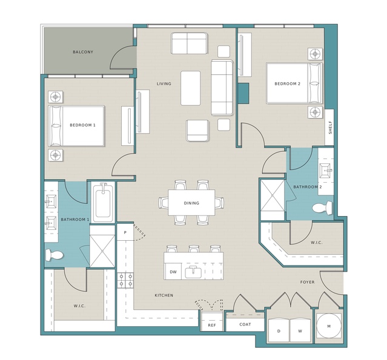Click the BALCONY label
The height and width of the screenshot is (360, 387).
(x=83, y=52)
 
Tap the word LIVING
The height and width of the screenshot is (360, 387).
(x=164, y=84)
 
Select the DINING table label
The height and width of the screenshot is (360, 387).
(x=191, y=203)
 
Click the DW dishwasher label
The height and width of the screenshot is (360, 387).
(x=173, y=272)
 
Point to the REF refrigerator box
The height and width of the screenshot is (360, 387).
(x=212, y=321)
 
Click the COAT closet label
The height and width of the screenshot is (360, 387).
(x=245, y=324)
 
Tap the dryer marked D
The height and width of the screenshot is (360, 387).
(x=279, y=330)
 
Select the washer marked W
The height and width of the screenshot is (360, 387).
(x=300, y=330)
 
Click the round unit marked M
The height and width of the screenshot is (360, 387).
(x=329, y=326)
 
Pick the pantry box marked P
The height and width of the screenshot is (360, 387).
(x=125, y=232)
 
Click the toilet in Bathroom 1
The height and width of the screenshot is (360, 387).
(x=55, y=255)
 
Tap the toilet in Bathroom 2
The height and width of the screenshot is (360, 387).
(x=322, y=208)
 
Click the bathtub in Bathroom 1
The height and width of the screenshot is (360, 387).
(x=103, y=202)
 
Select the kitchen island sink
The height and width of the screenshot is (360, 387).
(x=193, y=272)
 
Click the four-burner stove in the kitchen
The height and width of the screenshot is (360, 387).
(x=125, y=281)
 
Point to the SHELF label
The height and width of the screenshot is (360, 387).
(x=330, y=127)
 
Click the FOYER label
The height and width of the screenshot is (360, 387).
(x=307, y=282)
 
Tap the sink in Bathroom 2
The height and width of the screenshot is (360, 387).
(x=326, y=171)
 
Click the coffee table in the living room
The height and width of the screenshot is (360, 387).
(x=191, y=88)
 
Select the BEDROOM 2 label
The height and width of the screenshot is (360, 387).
(x=288, y=84)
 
